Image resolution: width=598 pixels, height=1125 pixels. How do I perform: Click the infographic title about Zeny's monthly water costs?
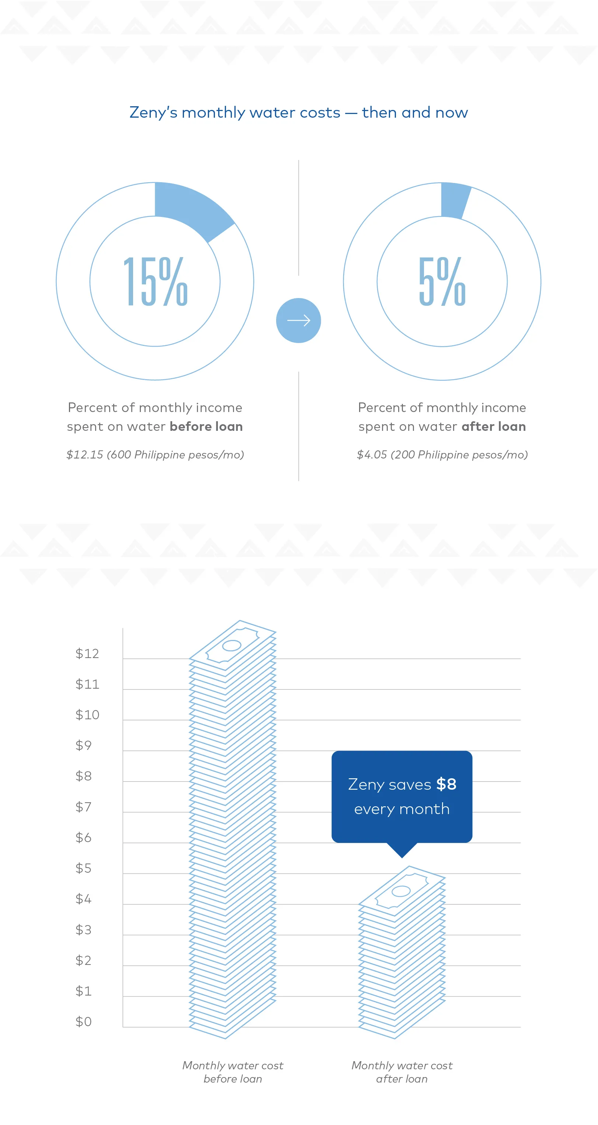(x=299, y=112)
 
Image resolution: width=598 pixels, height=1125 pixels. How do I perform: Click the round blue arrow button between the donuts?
(x=299, y=321)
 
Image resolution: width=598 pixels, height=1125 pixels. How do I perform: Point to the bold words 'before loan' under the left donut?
(x=206, y=426)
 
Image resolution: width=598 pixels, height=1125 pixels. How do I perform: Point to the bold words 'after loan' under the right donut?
(x=494, y=426)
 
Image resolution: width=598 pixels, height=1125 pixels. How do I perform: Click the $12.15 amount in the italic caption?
(x=85, y=455)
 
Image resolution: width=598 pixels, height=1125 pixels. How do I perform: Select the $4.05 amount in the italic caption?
(x=372, y=455)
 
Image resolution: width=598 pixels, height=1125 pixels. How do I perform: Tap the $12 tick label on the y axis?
(x=87, y=653)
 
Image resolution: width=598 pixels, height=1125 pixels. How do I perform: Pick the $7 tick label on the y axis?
(x=83, y=807)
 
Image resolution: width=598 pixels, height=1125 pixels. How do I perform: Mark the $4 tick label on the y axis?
(x=83, y=899)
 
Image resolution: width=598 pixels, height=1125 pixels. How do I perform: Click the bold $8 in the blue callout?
(x=446, y=784)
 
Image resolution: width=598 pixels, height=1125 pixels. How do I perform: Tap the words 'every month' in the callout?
(x=401, y=809)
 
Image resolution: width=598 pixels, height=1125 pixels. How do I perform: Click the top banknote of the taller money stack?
(x=232, y=645)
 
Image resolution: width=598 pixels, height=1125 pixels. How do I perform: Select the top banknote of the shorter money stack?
(x=401, y=891)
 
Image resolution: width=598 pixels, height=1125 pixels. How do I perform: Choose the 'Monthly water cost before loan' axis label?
(x=233, y=1072)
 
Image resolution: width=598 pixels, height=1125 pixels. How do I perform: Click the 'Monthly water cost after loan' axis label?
(x=401, y=1072)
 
